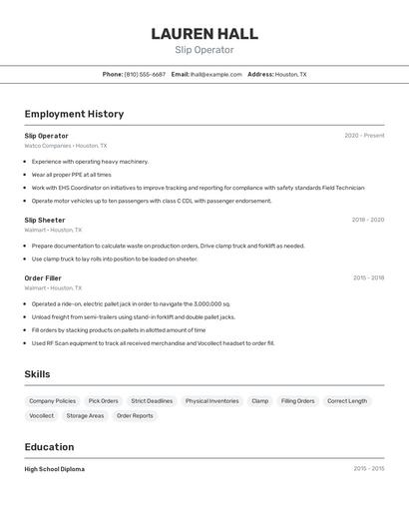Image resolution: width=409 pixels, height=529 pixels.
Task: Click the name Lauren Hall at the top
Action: click(x=204, y=34)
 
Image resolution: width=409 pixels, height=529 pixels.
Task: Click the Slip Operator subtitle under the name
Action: click(x=204, y=50)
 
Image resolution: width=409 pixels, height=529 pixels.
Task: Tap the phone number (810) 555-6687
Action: click(x=145, y=74)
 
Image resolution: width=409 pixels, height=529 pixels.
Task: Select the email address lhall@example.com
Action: click(x=216, y=74)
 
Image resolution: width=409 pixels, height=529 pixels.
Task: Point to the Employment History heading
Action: click(x=74, y=114)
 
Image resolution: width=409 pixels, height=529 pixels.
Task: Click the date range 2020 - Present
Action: click(x=364, y=136)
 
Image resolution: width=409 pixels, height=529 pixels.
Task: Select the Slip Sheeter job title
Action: click(x=45, y=220)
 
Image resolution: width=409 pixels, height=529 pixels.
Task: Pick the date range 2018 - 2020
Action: click(x=367, y=220)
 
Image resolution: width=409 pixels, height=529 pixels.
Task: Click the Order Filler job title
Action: click(x=43, y=277)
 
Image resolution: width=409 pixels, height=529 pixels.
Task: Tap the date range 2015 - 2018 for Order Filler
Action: click(x=368, y=277)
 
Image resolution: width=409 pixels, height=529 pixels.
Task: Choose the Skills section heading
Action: click(x=37, y=374)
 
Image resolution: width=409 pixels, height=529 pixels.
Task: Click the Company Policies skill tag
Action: click(x=52, y=401)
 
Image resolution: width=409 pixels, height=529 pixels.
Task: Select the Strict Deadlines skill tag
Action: click(x=152, y=401)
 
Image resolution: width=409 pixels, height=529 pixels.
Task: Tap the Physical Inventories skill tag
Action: click(x=211, y=401)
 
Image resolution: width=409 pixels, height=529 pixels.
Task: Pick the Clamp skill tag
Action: click(x=259, y=401)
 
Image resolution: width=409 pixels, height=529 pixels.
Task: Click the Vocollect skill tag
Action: click(x=42, y=415)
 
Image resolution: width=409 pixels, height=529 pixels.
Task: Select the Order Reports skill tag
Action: click(x=135, y=415)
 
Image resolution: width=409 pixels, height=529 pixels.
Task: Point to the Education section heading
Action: click(x=49, y=447)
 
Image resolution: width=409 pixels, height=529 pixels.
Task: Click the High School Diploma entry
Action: click(x=55, y=469)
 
